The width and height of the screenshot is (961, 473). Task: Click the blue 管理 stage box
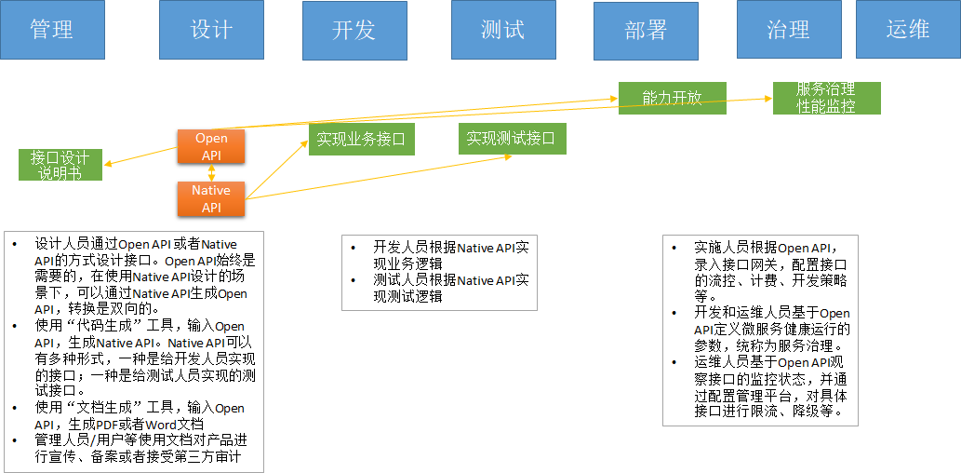(52, 30)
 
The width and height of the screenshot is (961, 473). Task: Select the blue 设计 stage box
(211, 30)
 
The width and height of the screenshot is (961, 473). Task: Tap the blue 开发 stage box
(354, 30)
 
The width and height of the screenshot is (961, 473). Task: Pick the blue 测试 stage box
(503, 30)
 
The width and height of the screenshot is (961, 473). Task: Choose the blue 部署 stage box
(646, 30)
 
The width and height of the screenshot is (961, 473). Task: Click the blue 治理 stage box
(788, 30)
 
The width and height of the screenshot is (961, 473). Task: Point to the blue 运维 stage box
(907, 30)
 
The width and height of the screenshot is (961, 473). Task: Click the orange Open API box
(211, 147)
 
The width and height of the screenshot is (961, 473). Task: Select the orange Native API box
(211, 198)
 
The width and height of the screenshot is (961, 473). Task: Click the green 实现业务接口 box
(361, 140)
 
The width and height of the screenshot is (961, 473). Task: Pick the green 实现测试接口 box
(511, 139)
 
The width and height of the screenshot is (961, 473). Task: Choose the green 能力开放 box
(672, 98)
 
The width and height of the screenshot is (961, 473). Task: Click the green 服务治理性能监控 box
(826, 98)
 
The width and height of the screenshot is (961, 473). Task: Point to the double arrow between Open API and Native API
(212, 173)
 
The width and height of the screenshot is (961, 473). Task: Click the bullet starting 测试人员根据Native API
(450, 289)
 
